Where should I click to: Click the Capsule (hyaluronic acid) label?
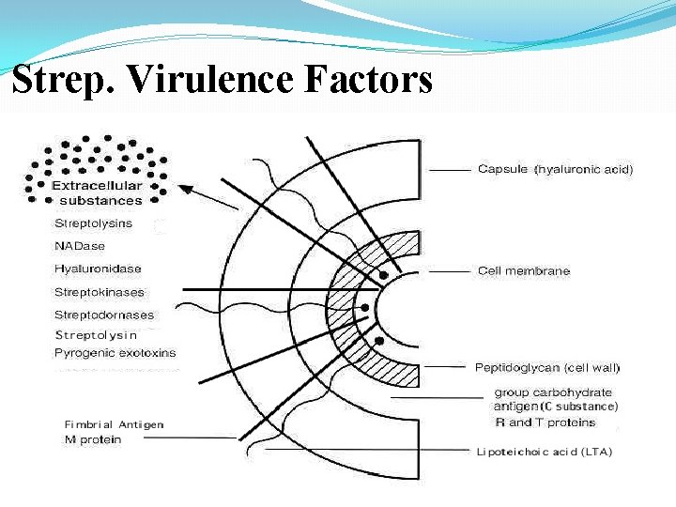[555, 169]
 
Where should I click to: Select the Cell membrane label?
[523, 270]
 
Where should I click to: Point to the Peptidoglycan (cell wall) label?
[546, 367]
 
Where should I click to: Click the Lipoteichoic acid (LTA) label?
[544, 452]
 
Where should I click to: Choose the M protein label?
[92, 439]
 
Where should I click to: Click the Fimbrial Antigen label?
[114, 424]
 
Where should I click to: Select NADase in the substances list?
[80, 246]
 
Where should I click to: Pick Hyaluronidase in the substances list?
[98, 269]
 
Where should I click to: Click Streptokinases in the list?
[99, 292]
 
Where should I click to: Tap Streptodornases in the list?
[103, 315]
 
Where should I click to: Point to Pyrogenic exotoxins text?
[115, 353]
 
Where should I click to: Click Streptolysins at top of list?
[93, 223]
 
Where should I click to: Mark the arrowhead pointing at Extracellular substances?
[185, 190]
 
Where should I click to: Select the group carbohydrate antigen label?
[555, 399]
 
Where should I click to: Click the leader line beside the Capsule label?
[450, 170]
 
